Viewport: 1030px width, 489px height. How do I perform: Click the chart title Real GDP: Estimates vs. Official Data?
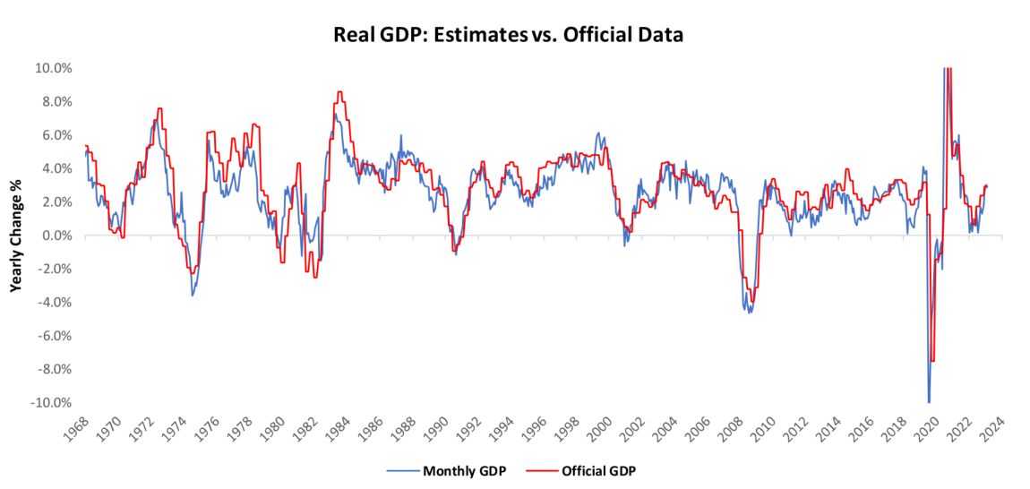[x=510, y=36]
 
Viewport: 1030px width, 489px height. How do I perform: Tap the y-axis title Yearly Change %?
[x=16, y=236]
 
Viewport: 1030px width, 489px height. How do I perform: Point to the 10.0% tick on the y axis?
[x=54, y=68]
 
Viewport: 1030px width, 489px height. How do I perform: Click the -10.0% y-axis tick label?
[x=52, y=403]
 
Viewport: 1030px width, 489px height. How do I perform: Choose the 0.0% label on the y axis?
[x=56, y=236]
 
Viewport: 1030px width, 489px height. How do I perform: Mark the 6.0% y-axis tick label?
[x=56, y=135]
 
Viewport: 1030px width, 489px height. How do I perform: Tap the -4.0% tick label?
[x=54, y=303]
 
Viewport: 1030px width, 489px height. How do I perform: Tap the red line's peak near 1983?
[x=339, y=91]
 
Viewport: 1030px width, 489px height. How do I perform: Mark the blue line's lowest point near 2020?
[x=929, y=402]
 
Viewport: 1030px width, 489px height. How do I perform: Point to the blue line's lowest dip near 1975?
[x=192, y=296]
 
